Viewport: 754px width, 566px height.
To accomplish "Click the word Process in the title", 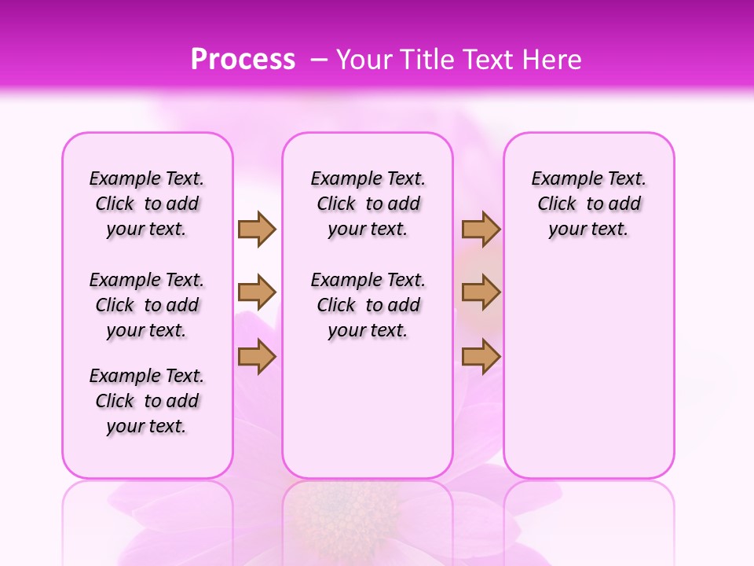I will pyautogui.click(x=243, y=59).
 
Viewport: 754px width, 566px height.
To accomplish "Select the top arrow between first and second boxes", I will pyautogui.click(x=257, y=229).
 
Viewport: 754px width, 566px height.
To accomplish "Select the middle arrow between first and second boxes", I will pyautogui.click(x=257, y=292).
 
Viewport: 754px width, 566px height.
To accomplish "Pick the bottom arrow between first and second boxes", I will pyautogui.click(x=257, y=357).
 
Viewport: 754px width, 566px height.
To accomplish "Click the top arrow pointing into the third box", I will pyautogui.click(x=481, y=229).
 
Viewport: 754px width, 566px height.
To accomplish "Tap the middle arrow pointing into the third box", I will pyautogui.click(x=481, y=292).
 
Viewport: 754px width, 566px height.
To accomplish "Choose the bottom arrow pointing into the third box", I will pyautogui.click(x=481, y=357).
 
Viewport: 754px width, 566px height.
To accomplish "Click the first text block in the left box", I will pyautogui.click(x=147, y=204).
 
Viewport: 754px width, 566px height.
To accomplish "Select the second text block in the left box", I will pyautogui.click(x=147, y=305).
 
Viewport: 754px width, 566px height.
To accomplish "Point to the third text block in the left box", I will pyautogui.click(x=147, y=401).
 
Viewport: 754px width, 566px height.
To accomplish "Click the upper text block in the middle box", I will pyautogui.click(x=368, y=204).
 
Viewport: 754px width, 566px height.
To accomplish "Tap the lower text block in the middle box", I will pyautogui.click(x=368, y=305).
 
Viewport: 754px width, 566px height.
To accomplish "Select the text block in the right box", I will pyautogui.click(x=588, y=204).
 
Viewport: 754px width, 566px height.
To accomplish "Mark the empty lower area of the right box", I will pyautogui.click(x=588, y=362).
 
